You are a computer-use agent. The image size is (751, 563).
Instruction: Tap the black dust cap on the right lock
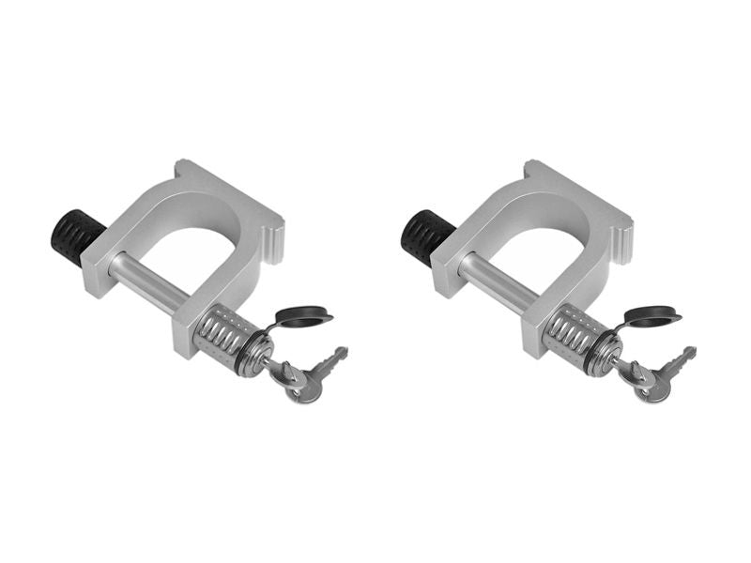coord(654,317)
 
